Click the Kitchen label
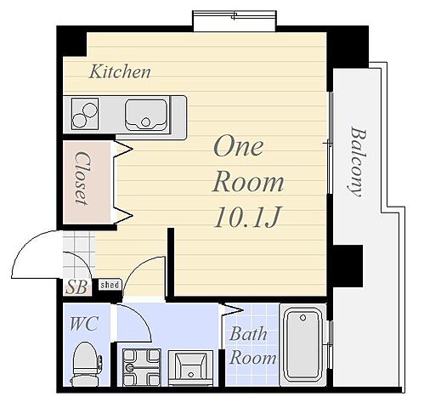[x=120, y=71]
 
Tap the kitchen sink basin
[x=145, y=115]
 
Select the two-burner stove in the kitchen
[x=85, y=114]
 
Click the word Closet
[x=82, y=178]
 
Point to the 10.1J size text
[x=247, y=218]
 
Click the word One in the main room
[x=239, y=146]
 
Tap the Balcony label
[x=358, y=161]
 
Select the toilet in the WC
[x=86, y=364]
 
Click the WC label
[x=84, y=324]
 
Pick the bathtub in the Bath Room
[x=303, y=344]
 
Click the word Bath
[x=248, y=334]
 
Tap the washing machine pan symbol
[x=141, y=367]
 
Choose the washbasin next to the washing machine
[x=190, y=367]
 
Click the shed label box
[x=110, y=285]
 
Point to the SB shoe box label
[x=76, y=287]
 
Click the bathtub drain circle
[x=303, y=318]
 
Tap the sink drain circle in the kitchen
[x=145, y=122]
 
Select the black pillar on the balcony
[x=348, y=266]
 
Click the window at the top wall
[x=235, y=20]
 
